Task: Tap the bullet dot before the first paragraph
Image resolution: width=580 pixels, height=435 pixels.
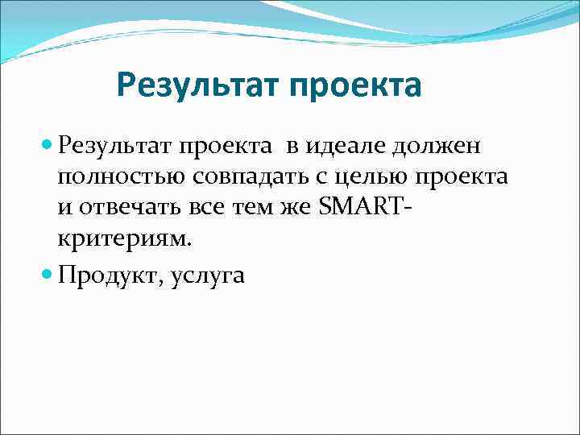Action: (x=46, y=147)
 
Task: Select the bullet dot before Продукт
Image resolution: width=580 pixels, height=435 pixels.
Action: (x=46, y=275)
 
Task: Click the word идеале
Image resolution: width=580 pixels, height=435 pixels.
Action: (x=347, y=147)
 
